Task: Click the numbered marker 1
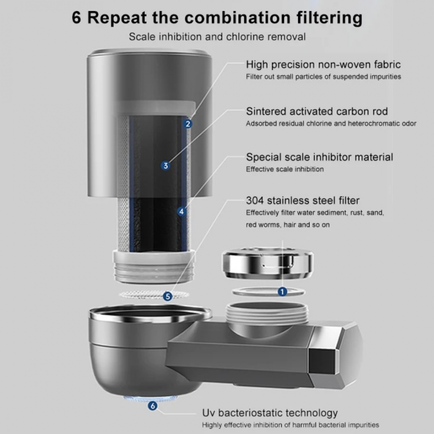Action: click(x=283, y=292)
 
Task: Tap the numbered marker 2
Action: click(x=188, y=124)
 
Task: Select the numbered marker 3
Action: click(x=165, y=165)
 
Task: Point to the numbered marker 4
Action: click(x=181, y=212)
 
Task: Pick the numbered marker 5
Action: click(x=168, y=296)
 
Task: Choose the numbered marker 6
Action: click(x=152, y=406)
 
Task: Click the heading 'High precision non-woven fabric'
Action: click(x=323, y=65)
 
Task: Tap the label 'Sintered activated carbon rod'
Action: click(x=317, y=111)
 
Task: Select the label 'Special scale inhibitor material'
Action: click(x=319, y=157)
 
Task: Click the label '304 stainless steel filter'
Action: click(x=302, y=201)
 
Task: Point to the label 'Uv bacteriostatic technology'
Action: click(x=270, y=413)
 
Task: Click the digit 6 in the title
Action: click(x=77, y=18)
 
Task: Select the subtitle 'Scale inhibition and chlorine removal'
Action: click(x=217, y=36)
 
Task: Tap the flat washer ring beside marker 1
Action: click(x=260, y=292)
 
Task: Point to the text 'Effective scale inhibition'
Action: click(x=285, y=169)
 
